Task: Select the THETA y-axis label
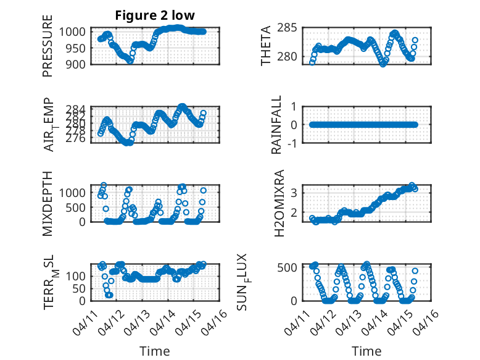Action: [266, 46]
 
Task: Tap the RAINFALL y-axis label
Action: [277, 124]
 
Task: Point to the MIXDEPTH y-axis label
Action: [48, 203]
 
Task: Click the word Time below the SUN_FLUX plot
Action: [366, 351]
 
